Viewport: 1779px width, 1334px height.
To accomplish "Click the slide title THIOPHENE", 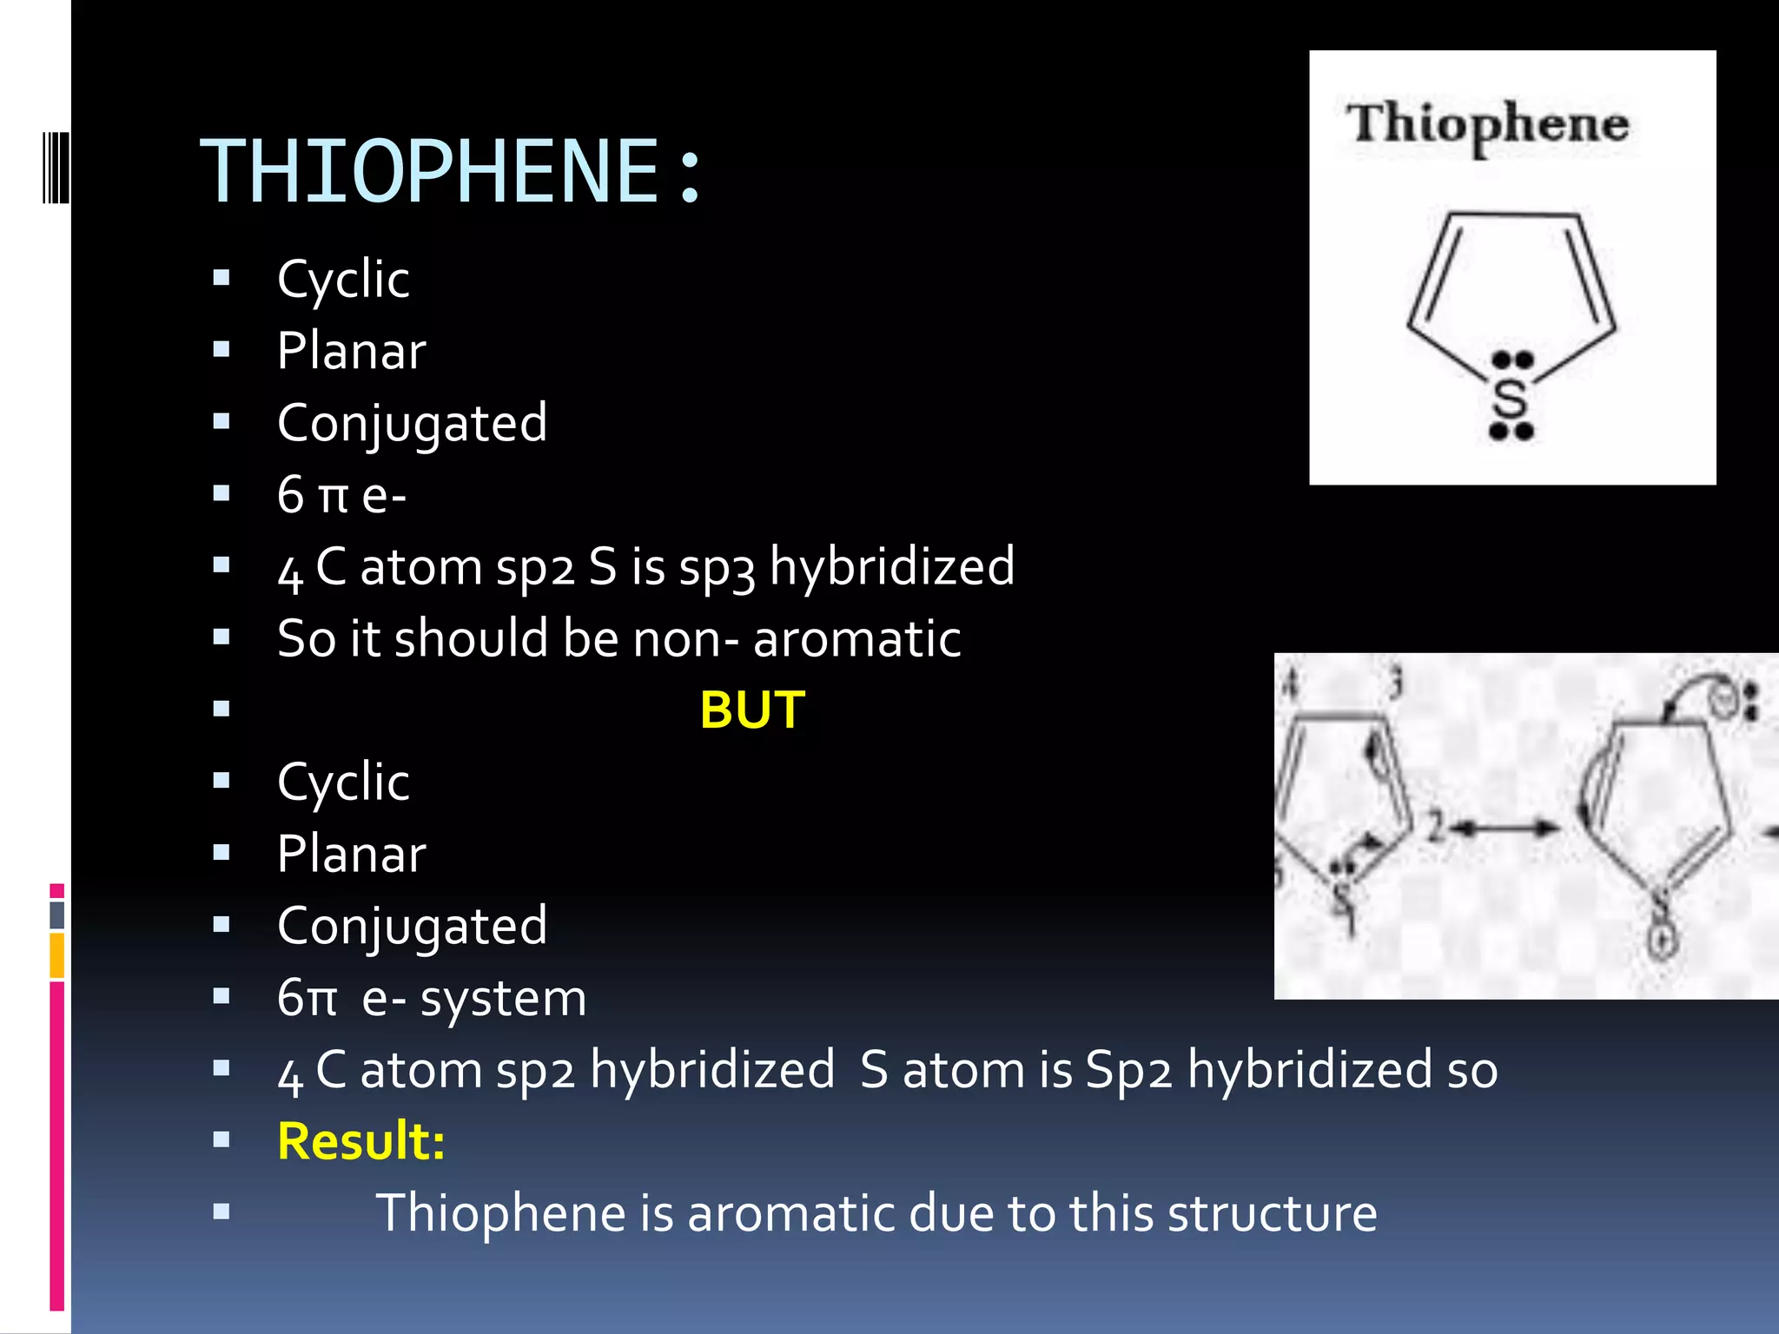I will click(430, 172).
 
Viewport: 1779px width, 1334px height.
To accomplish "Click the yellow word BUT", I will click(752, 710).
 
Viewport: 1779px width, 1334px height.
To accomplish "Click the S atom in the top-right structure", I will click(1510, 400).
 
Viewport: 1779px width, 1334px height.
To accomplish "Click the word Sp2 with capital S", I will click(1128, 1070).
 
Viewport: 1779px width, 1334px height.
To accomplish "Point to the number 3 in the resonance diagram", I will click(1396, 684).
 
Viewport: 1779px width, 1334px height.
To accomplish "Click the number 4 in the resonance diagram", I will click(1292, 684).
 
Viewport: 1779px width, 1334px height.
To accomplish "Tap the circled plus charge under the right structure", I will click(1661, 941).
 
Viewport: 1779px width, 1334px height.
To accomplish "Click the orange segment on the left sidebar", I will click(56, 955).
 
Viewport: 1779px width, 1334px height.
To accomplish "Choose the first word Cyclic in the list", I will click(343, 280).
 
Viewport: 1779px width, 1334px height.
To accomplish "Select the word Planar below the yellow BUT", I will click(351, 854).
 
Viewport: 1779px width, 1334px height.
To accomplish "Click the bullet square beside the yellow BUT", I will click(222, 710).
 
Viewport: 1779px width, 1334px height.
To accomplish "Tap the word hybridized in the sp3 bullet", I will click(892, 568).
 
